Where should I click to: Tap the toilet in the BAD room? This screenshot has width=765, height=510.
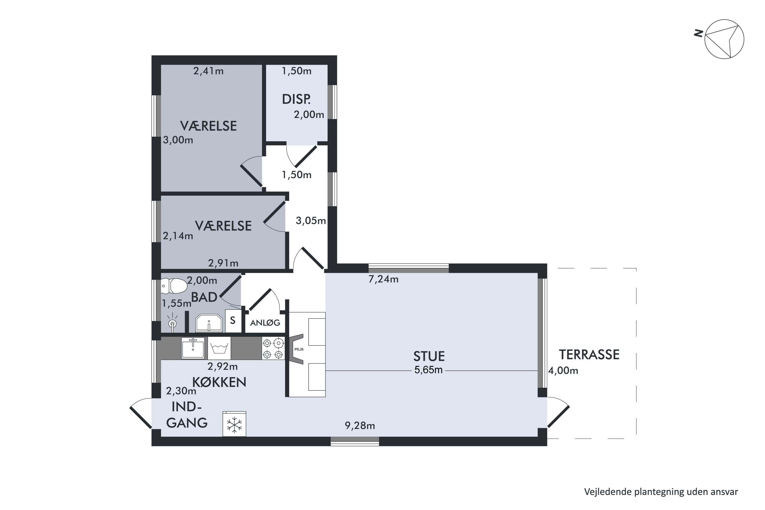pyautogui.click(x=174, y=286)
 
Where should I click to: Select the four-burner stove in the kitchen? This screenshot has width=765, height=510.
pyautogui.click(x=273, y=348)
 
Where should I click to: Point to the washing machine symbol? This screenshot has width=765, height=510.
pyautogui.click(x=219, y=348)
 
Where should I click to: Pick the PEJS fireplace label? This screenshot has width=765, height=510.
pyautogui.click(x=299, y=349)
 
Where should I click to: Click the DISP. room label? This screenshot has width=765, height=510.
pyautogui.click(x=296, y=99)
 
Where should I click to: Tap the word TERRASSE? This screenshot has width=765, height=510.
pyautogui.click(x=589, y=354)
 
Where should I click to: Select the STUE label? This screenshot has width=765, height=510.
pyautogui.click(x=429, y=356)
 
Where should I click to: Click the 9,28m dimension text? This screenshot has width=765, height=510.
pyautogui.click(x=360, y=426)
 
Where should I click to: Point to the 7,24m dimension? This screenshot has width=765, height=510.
pyautogui.click(x=383, y=279)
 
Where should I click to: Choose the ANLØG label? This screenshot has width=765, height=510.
pyautogui.click(x=265, y=323)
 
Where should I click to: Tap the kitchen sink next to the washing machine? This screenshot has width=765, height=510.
pyautogui.click(x=193, y=348)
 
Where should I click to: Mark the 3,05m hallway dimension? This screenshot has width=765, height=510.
pyautogui.click(x=311, y=221)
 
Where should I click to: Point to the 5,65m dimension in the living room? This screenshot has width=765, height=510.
pyautogui.click(x=428, y=370)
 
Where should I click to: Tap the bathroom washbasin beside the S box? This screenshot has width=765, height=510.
pyautogui.click(x=209, y=323)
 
